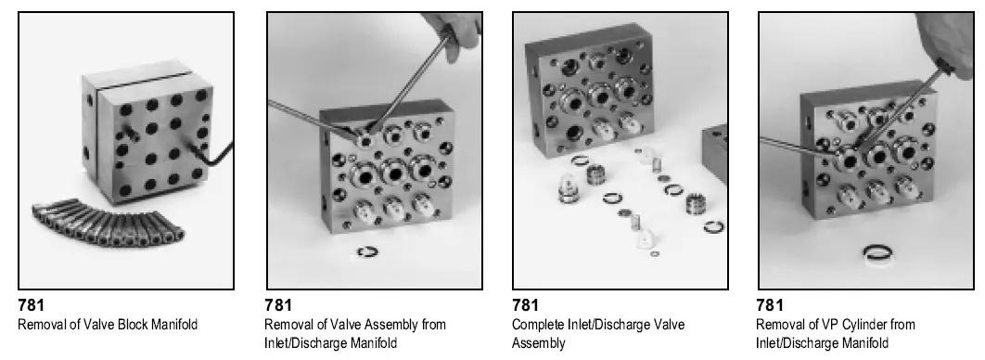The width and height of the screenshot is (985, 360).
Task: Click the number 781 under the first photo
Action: [x=32, y=304]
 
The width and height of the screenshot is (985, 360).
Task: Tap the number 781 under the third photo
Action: [x=526, y=304]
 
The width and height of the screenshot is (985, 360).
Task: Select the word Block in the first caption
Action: [x=126, y=324]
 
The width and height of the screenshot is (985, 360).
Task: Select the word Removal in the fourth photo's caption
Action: [x=778, y=325]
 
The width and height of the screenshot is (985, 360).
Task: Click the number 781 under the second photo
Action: [x=278, y=304]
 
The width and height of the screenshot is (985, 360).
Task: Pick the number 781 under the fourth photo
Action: [x=771, y=304]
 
